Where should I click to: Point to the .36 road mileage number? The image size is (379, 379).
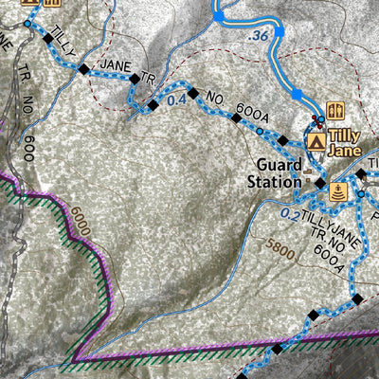pyautogui.click(x=256, y=36)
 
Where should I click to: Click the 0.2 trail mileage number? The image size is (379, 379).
pyautogui.click(x=292, y=214)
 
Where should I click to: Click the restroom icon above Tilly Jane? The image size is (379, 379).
pyautogui.click(x=334, y=110)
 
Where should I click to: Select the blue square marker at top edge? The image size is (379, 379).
pyautogui.click(x=219, y=15)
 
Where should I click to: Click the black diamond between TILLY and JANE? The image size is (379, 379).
pyautogui.click(x=84, y=69)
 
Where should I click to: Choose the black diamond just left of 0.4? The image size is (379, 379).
pyautogui.click(x=153, y=104)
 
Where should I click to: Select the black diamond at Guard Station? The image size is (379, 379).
pyautogui.click(x=320, y=182)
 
